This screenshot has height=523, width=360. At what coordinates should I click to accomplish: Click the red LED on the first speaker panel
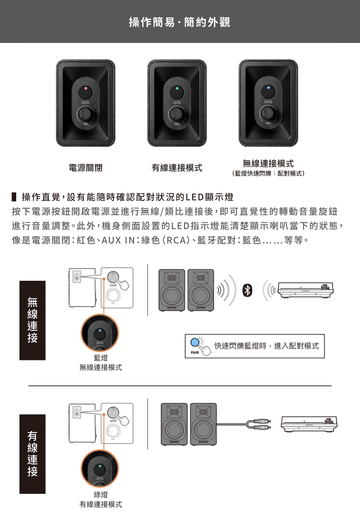pos(86,88)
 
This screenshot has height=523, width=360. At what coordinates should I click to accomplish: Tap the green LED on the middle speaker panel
pos(177,88)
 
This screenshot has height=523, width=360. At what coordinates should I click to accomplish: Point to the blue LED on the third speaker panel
pos(269,87)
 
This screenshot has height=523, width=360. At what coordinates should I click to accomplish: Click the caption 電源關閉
pos(86,168)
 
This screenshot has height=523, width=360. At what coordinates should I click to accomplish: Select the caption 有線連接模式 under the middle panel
pos(177,168)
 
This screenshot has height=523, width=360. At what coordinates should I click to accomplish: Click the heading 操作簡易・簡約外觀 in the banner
pos(180,22)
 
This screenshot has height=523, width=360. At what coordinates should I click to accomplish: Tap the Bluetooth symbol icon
pos(247,290)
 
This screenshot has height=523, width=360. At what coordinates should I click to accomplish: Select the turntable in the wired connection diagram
pos(309,424)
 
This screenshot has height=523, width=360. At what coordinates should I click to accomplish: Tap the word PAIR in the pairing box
pos(195,352)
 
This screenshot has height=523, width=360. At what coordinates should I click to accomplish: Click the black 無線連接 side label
pos(32,320)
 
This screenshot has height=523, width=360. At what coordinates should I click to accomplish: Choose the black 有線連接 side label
pos(32,454)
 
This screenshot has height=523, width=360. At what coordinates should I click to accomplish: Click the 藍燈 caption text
pos(101,358)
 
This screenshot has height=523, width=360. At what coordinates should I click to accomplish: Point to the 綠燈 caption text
pos(101,495)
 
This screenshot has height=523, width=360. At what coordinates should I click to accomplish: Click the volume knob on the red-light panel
pos(86,114)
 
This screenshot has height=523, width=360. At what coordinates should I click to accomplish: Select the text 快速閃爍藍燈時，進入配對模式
pos(266,346)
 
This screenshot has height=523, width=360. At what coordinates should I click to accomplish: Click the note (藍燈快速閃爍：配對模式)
pos(268,173)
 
